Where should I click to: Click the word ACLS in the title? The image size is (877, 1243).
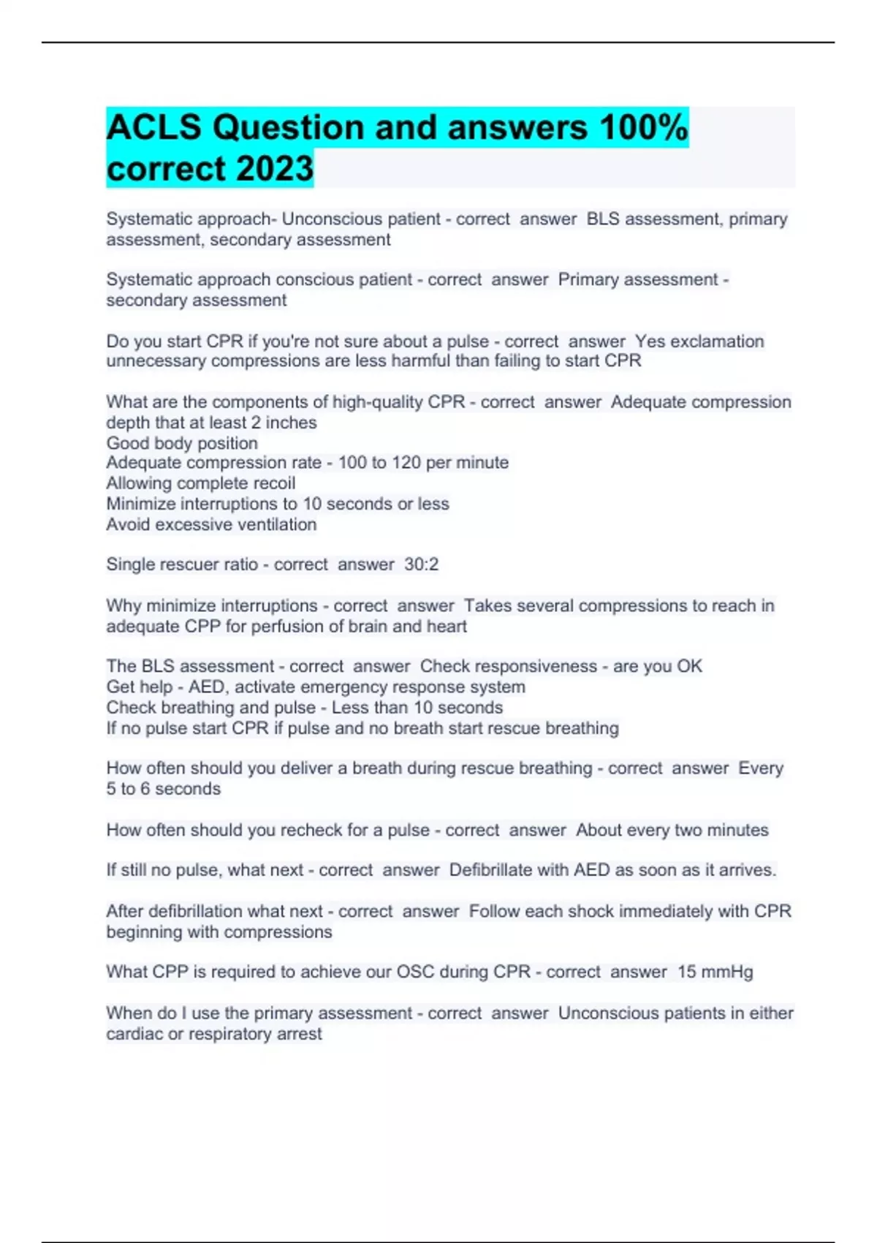[153, 128]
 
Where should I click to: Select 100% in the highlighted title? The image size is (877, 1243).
[643, 128]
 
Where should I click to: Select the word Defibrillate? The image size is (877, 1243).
[490, 870]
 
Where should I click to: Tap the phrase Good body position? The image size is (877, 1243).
[182, 443]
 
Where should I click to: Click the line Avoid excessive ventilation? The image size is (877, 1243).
[211, 524]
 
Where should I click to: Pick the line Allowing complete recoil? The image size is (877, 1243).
[201, 483]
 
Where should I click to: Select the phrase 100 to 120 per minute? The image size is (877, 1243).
[423, 463]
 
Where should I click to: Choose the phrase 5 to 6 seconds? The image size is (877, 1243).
[163, 789]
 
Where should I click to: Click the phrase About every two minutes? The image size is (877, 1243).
[672, 830]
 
